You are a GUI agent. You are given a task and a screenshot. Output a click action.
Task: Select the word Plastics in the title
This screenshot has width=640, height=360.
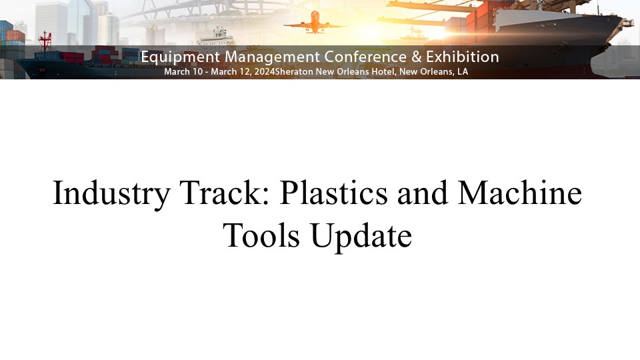click(x=333, y=192)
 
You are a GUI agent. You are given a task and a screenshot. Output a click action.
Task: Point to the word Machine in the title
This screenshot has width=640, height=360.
click(x=519, y=192)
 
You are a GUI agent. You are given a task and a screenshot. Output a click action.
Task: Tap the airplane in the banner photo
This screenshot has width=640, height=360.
click(x=315, y=23)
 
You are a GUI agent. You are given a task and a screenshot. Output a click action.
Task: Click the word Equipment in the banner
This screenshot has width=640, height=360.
click(x=181, y=57)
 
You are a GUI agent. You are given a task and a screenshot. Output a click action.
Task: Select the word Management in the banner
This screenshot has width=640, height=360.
click(x=272, y=57)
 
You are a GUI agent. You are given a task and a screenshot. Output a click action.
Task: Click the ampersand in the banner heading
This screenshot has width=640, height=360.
click(x=416, y=57)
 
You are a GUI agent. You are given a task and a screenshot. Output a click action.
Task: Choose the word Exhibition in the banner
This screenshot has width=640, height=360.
click(x=463, y=57)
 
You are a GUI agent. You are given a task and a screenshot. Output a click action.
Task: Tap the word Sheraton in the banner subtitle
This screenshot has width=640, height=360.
click(x=294, y=72)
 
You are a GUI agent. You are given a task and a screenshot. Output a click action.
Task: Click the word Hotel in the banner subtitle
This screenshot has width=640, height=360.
click(x=383, y=72)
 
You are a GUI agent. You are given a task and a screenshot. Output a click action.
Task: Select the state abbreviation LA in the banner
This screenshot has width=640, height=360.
click(x=463, y=72)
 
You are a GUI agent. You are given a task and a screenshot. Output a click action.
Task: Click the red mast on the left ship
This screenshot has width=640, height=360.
click(x=45, y=41)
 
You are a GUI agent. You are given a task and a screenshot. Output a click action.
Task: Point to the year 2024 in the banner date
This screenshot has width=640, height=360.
click(x=265, y=72)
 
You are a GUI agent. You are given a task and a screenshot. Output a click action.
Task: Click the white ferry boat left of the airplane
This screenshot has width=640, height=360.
click(x=216, y=37)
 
